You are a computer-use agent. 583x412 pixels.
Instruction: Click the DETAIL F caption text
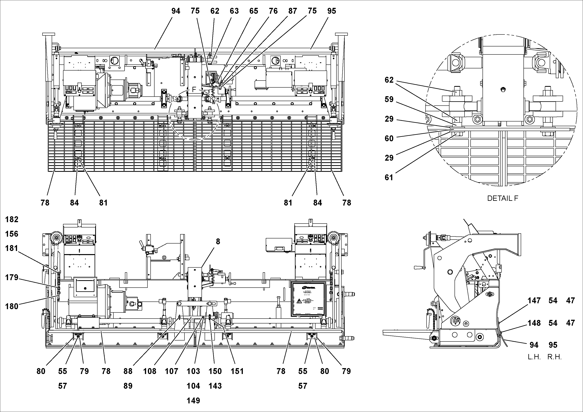503,198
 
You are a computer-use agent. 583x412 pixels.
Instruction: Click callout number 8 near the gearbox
218,242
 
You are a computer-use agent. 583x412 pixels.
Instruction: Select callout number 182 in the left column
12,219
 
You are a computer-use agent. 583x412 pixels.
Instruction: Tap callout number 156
12,234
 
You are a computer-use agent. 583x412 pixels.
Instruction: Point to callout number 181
12,248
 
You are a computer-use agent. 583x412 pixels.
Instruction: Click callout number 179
12,277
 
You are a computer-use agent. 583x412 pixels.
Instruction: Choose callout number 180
12,306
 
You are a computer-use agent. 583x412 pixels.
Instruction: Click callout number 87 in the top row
293,11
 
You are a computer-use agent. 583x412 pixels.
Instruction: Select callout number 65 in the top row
253,11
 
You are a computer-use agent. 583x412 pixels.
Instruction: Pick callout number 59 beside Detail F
389,99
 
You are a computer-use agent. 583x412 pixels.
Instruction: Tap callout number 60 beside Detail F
389,139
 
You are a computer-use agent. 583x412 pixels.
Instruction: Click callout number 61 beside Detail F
389,177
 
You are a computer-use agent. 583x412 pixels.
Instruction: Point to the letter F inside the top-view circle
194,89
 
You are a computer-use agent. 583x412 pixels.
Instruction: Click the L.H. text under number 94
534,357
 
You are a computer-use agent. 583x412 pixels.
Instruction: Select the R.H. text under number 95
554,357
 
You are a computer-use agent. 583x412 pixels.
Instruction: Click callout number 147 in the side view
534,301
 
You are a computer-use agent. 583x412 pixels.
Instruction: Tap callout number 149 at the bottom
193,401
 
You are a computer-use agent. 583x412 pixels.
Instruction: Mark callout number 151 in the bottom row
237,371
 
